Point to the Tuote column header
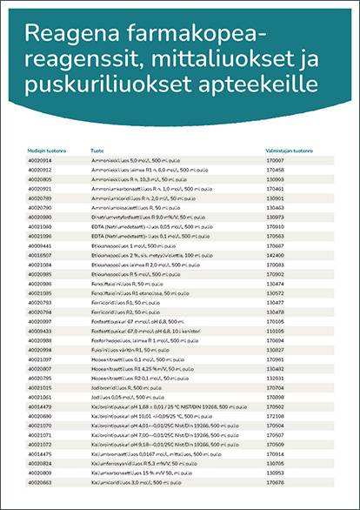click(x=97, y=151)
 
